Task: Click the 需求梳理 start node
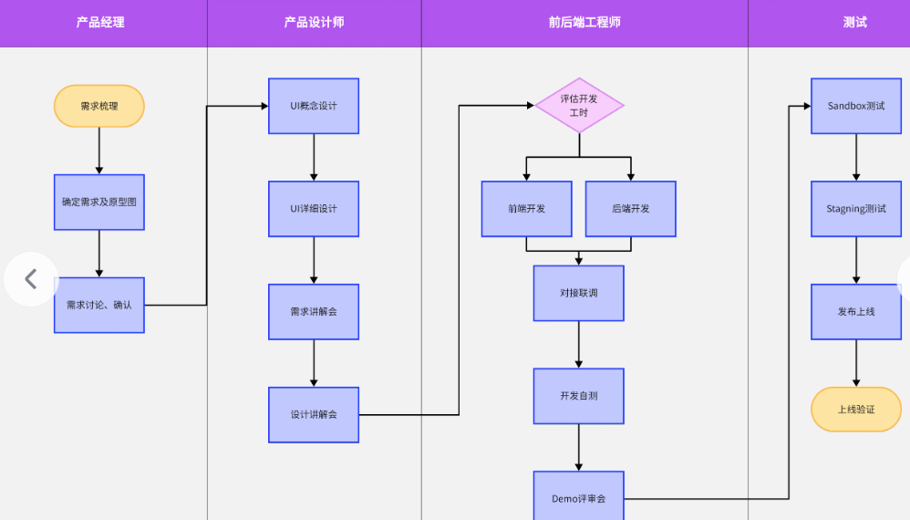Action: click(x=98, y=106)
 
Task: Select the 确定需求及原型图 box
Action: click(x=98, y=202)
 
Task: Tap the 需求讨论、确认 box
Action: click(x=98, y=305)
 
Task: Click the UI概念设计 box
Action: click(x=314, y=106)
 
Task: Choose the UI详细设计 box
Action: click(x=314, y=209)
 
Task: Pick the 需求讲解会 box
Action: click(x=314, y=312)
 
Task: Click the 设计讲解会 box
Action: click(x=314, y=415)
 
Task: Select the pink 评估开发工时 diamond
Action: click(x=579, y=105)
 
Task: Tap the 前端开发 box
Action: click(x=527, y=209)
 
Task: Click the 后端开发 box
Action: click(x=631, y=209)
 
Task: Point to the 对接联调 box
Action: click(x=579, y=293)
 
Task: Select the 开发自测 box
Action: click(x=579, y=396)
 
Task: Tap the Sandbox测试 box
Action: click(x=856, y=106)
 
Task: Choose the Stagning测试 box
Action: click(x=856, y=209)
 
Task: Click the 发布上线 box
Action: click(x=856, y=312)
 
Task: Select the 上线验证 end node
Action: click(x=856, y=410)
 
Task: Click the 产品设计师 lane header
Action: click(x=314, y=23)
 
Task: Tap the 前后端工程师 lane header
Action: click(x=584, y=23)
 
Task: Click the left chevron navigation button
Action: click(x=30, y=279)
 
